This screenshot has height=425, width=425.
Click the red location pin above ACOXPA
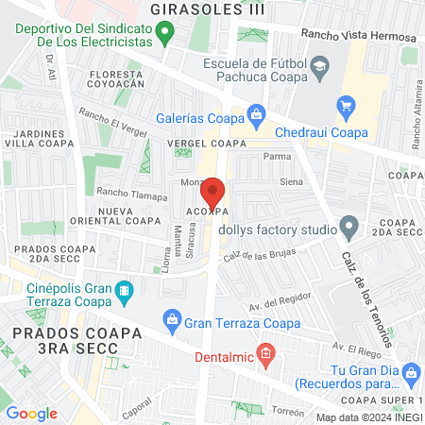click(213, 192)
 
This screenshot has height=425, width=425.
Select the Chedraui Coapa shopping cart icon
click(346, 105)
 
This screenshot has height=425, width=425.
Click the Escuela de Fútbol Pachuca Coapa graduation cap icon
click(319, 65)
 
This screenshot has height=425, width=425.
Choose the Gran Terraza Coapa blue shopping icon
click(171, 322)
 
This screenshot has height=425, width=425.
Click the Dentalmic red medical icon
click(266, 357)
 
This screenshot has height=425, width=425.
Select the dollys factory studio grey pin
click(350, 228)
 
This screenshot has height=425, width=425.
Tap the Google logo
click(32, 413)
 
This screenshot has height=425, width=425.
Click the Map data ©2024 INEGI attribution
click(368, 417)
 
